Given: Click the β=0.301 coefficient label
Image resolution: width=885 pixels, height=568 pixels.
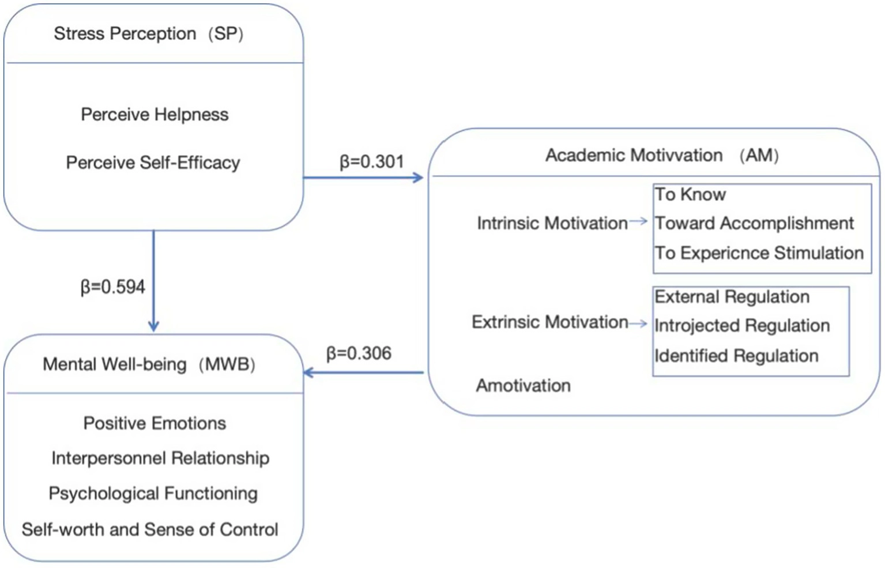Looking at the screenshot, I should pyautogui.click(x=371, y=161).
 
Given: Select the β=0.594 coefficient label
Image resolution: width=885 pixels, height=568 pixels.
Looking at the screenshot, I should pyautogui.click(x=112, y=287).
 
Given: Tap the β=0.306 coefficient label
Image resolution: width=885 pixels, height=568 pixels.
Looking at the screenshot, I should pyautogui.click(x=359, y=353).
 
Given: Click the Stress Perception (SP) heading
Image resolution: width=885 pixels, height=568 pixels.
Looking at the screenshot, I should pyautogui.click(x=149, y=34).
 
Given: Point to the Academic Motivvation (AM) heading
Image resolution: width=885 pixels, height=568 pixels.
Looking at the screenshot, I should pyautogui.click(x=662, y=155).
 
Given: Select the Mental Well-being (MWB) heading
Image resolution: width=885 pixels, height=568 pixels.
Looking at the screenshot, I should pyautogui.click(x=149, y=364).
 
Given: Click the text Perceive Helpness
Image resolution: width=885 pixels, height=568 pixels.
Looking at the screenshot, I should pyautogui.click(x=155, y=115).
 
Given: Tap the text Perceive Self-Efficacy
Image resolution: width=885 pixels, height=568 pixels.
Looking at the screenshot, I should pyautogui.click(x=153, y=163).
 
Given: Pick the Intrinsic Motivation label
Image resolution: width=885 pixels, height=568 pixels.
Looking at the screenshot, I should pyautogui.click(x=552, y=223).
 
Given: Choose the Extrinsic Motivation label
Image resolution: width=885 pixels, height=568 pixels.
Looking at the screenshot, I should pyautogui.click(x=549, y=322).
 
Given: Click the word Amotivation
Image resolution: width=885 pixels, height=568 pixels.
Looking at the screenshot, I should pyautogui.click(x=523, y=385).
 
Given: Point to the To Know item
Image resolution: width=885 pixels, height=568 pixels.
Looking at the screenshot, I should pyautogui.click(x=690, y=194).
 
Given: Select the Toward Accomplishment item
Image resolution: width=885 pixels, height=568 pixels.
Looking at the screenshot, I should pyautogui.click(x=754, y=223).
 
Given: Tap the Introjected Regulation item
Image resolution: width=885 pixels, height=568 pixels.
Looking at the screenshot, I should pyautogui.click(x=742, y=326).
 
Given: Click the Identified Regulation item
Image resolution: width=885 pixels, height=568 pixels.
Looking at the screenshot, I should pyautogui.click(x=736, y=356).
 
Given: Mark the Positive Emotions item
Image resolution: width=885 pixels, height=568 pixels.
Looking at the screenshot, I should pyautogui.click(x=155, y=423).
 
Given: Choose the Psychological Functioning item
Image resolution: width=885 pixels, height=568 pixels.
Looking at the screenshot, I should pyautogui.click(x=153, y=494).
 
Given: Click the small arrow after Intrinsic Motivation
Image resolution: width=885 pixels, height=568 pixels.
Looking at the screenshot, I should pyautogui.click(x=639, y=221).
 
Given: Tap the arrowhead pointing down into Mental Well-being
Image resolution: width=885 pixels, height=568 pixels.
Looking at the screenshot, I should pyautogui.click(x=153, y=326).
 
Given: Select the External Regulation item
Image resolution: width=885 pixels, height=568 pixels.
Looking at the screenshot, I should pyautogui.click(x=732, y=297).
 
